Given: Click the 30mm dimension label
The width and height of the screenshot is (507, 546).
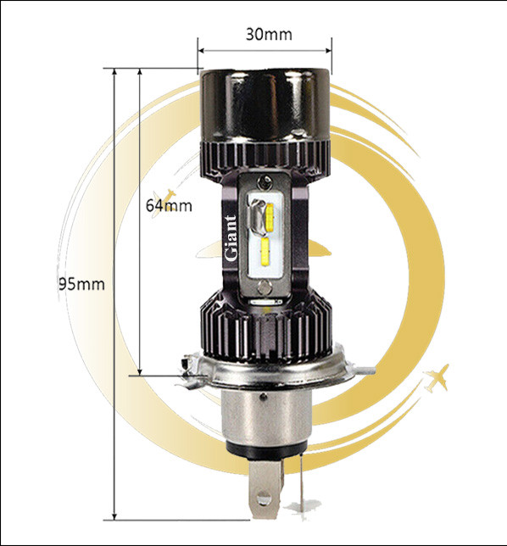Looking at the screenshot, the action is click(x=269, y=34).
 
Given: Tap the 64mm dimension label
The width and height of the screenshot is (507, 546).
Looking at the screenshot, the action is click(x=169, y=205).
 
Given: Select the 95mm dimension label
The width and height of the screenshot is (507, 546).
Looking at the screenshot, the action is click(x=81, y=284).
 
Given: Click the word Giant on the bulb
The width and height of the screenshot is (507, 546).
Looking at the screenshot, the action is click(x=230, y=238).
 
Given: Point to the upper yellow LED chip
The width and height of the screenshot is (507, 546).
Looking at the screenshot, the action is click(x=270, y=218).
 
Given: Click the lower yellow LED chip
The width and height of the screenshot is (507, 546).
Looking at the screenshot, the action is click(x=265, y=252).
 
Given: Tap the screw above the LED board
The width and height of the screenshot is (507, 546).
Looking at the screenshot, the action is click(x=265, y=181).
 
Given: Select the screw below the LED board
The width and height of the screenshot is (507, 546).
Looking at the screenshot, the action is click(x=265, y=288).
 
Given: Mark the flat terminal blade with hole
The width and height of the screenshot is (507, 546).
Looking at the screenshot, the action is click(x=265, y=489).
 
